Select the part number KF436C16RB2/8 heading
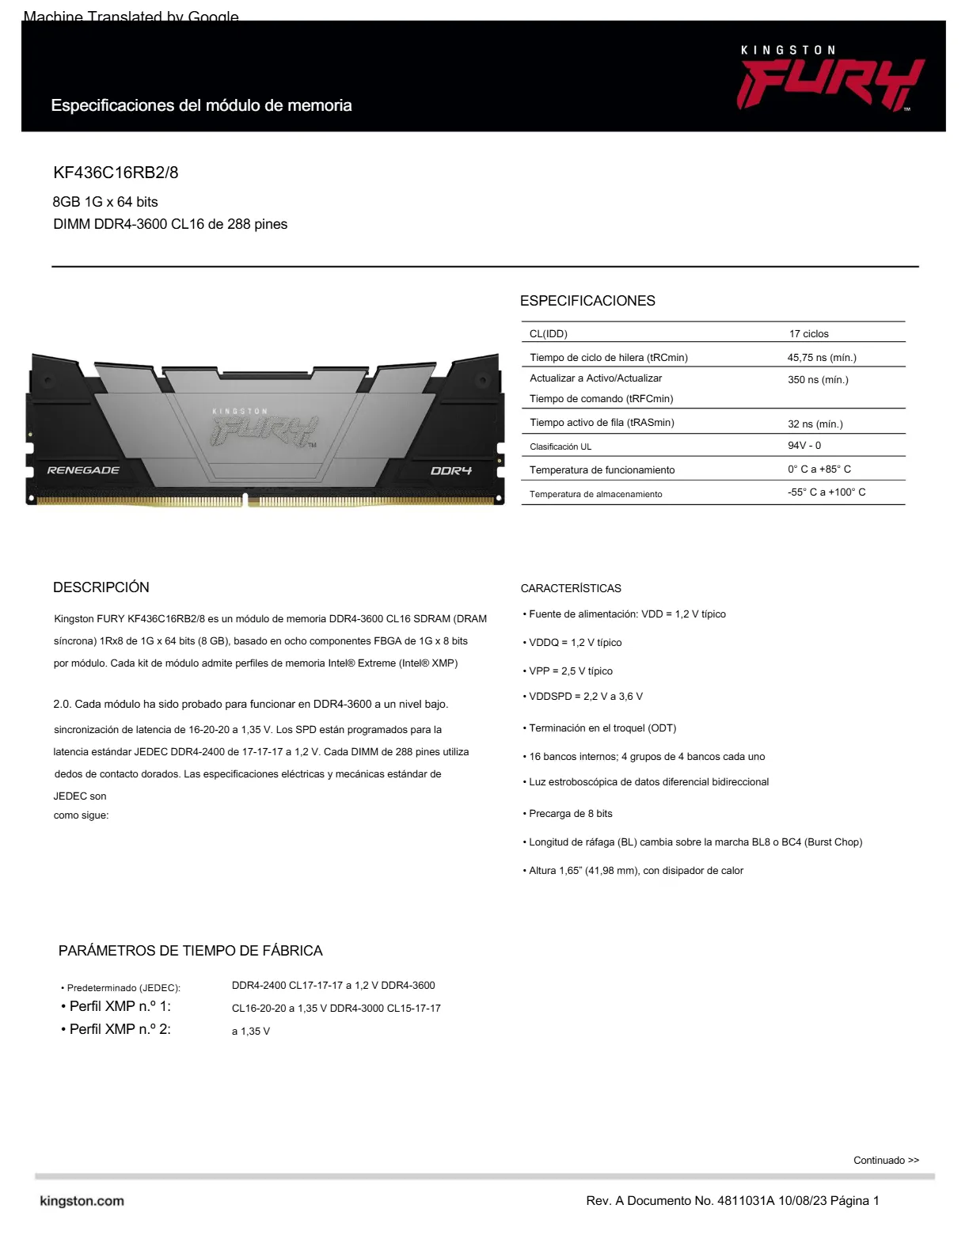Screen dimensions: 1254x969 116,173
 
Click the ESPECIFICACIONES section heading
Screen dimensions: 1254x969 587,301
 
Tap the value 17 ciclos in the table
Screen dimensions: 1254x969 808,334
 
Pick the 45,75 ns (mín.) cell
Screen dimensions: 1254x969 821,358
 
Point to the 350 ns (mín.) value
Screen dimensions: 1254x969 817,380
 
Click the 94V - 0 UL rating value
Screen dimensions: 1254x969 804,446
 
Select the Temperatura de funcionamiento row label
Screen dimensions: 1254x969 602,470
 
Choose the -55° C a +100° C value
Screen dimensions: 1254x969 826,492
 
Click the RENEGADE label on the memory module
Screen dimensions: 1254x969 83,470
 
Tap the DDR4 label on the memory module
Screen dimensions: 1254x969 450,471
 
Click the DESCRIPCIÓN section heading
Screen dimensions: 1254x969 101,587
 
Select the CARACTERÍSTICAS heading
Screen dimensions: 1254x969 571,588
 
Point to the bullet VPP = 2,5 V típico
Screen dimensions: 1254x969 570,671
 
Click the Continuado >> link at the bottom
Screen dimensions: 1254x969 886,1161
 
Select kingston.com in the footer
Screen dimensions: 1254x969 82,1201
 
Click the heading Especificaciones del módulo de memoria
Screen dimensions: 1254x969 201,105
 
